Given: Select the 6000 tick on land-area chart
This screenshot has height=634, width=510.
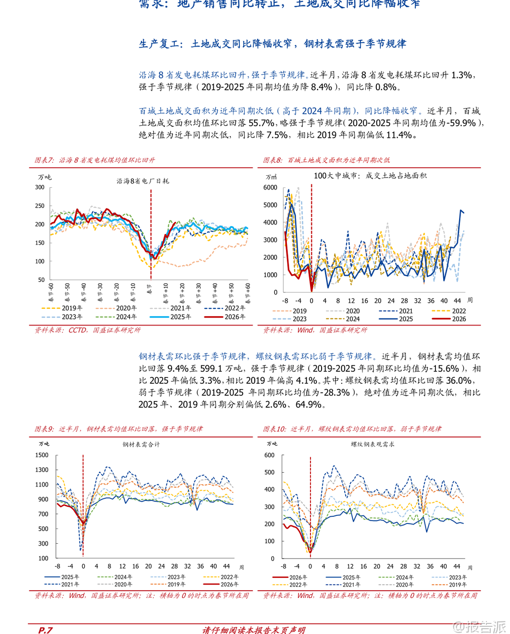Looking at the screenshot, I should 271,188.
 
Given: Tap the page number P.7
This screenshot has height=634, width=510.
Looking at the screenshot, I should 45,630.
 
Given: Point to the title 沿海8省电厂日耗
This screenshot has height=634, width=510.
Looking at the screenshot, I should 143,181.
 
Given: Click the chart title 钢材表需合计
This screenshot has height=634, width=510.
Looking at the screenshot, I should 141,445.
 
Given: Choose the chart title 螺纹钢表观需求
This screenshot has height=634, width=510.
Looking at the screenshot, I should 373,445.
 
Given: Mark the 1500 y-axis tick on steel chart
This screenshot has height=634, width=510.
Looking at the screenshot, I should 42,455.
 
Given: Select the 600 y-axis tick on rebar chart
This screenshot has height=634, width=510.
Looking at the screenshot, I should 269,455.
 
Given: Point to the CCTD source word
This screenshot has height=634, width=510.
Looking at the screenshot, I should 78,330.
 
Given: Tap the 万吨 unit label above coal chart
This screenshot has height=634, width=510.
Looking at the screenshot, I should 44,178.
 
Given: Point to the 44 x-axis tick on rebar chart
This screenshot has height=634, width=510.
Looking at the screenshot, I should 457,567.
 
